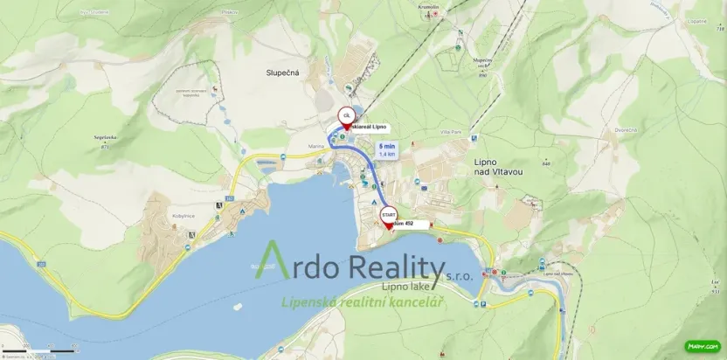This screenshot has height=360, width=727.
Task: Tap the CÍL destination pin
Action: (x=346, y=117)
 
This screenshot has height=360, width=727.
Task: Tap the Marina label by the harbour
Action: (x=316, y=146)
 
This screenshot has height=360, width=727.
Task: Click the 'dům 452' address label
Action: (x=405, y=225)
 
